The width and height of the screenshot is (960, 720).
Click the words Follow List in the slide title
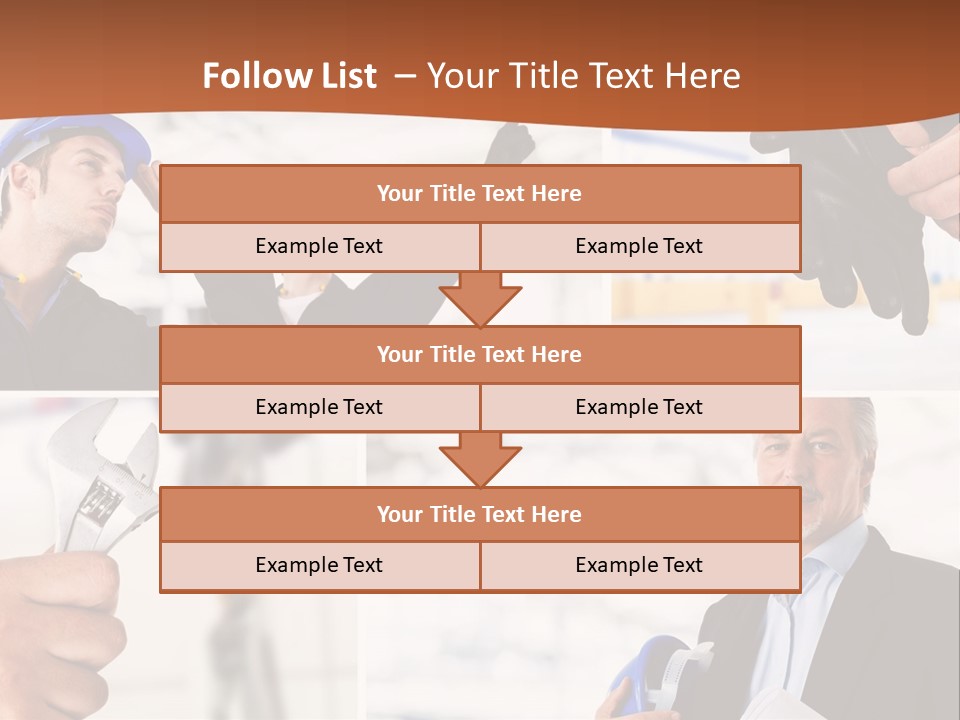pyautogui.click(x=290, y=76)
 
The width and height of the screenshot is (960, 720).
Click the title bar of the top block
pyautogui.click(x=479, y=194)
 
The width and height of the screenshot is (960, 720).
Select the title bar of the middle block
pyautogui.click(x=479, y=354)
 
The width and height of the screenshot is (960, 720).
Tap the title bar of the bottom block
pyautogui.click(x=479, y=514)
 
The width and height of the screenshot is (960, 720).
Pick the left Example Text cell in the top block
pyautogui.click(x=319, y=246)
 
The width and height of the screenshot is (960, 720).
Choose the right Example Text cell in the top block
pyautogui.click(x=639, y=246)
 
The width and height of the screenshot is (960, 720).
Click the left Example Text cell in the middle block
pyautogui.click(x=319, y=407)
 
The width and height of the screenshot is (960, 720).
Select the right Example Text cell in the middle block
pyautogui.click(x=639, y=407)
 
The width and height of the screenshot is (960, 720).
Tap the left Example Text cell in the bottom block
pyautogui.click(x=319, y=565)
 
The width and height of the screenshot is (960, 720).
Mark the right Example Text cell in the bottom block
pyautogui.click(x=639, y=565)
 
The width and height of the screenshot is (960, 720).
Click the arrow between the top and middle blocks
pyautogui.click(x=480, y=298)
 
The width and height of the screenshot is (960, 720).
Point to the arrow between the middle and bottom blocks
pyautogui.click(x=480, y=459)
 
